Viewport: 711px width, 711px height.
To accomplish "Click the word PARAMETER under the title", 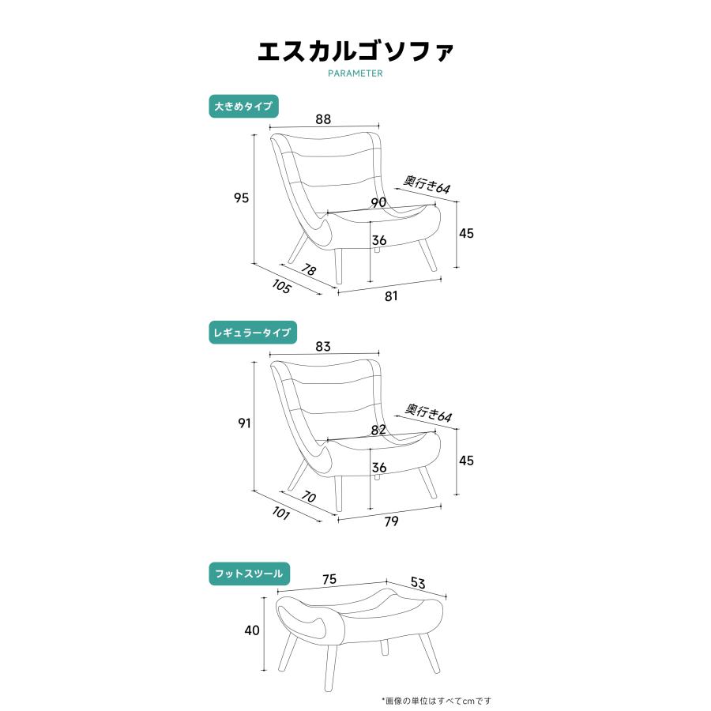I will pos(355,73).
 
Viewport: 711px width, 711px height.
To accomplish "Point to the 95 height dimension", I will pos(241,198).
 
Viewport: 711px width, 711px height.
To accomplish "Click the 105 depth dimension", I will pos(281,287).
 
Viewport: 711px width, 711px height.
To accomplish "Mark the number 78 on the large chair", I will pos(308,270).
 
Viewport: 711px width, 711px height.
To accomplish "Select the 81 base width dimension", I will pos(391,296).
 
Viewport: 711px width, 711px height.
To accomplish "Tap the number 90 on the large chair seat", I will pos(378,203).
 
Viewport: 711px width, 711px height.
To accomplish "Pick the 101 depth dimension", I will pos(281,514).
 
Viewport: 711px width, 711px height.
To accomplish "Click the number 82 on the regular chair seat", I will pos(378,431).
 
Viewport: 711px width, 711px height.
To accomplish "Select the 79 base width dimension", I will pos(391,521).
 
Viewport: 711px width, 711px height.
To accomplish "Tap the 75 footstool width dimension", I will pos(329,579).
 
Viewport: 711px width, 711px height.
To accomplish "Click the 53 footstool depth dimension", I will pos(418,584).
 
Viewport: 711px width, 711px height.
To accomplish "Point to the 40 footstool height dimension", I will pos(251,630).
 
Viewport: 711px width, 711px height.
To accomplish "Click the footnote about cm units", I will pos(436,700).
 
